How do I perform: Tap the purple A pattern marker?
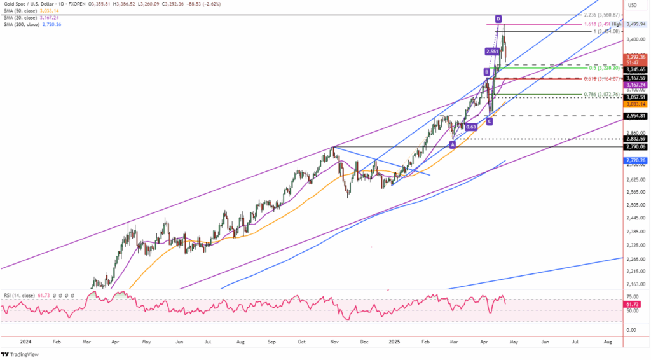452,144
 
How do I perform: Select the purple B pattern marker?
486,71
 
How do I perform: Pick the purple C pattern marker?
489,120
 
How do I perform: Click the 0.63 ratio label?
471,127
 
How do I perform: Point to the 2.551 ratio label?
491,51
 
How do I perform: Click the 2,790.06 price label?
636,146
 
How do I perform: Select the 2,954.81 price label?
636,116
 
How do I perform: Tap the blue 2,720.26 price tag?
636,161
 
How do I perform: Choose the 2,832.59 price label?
636,139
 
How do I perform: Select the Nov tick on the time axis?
333,342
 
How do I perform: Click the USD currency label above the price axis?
633,5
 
